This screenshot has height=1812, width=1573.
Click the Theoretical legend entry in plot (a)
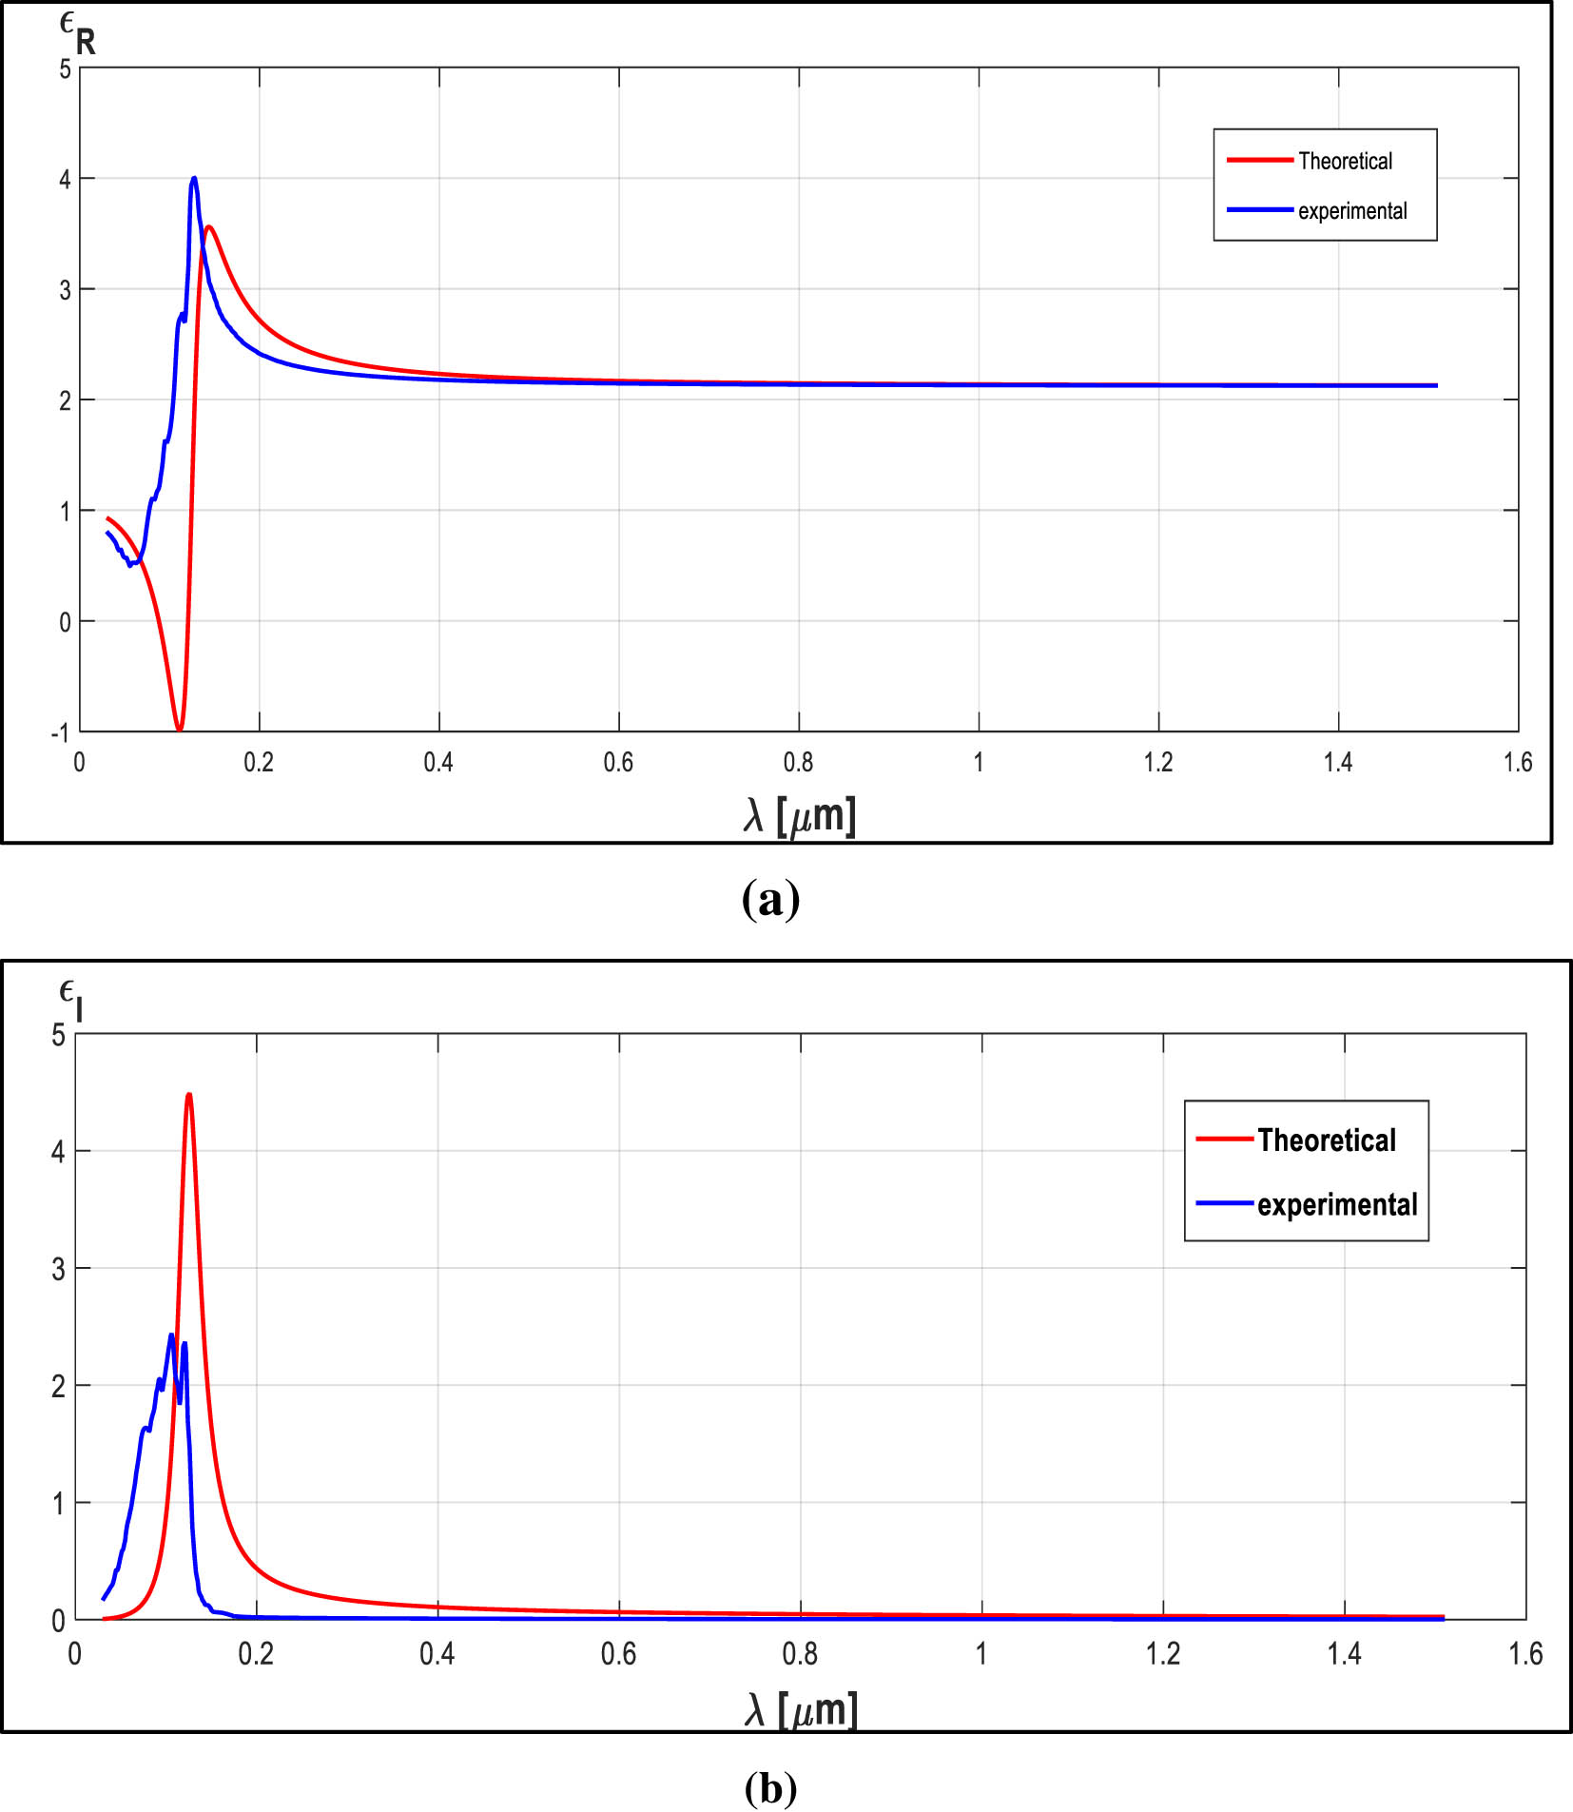coord(1344,161)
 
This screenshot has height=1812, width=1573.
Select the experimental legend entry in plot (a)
coord(1351,210)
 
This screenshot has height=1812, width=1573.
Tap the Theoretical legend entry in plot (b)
coord(1326,1140)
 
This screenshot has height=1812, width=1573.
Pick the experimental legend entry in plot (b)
coord(1336,1204)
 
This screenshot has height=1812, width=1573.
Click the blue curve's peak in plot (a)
coord(194,179)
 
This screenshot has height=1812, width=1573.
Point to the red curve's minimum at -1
coord(179,729)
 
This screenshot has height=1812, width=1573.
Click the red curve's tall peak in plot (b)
coord(188,1095)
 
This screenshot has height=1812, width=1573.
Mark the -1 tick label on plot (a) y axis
coord(60,732)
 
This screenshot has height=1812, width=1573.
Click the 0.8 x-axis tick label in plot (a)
coord(798,762)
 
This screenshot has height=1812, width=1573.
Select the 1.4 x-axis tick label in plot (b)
coord(1344,1654)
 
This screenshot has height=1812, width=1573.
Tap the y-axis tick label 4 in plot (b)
coord(59,1152)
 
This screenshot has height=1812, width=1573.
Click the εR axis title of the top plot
coord(77,34)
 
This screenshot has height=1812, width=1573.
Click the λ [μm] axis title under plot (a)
coord(799,816)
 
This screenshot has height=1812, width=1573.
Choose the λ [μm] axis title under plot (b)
coord(801,1709)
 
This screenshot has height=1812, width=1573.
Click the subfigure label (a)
coord(770,898)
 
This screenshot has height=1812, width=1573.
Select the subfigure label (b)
coord(770,1788)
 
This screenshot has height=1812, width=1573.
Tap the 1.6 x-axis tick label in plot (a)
coord(1518,762)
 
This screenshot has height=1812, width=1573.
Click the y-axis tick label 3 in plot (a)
coord(65,290)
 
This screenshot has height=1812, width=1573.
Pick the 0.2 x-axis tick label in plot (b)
coord(256,1654)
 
